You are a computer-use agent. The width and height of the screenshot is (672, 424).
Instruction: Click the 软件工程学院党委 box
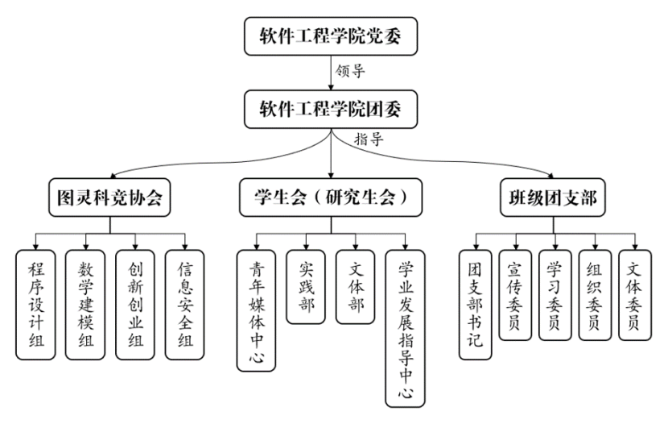tap(332, 36)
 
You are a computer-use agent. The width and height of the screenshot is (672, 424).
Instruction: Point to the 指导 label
tap(369, 139)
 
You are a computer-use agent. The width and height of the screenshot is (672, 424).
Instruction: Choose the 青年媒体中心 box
tap(256, 310)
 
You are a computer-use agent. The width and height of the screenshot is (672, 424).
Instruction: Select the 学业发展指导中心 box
tap(406, 327)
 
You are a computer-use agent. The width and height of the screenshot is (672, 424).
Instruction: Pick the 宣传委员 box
tap(516, 295)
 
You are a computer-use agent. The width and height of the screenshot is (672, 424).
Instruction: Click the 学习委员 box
tap(555, 295)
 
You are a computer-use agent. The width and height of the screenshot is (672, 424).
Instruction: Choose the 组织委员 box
tap(595, 295)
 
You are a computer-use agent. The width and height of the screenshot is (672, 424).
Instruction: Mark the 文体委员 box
tap(634, 295)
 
